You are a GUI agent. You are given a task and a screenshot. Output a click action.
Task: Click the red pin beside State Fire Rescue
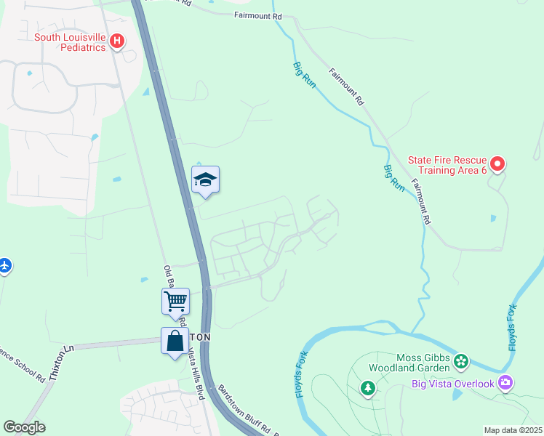pyautogui.click(x=497, y=165)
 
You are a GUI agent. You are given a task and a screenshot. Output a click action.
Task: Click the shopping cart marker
pyautogui.click(x=175, y=301)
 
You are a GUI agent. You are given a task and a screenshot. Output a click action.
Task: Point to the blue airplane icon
pyautogui.click(x=4, y=265)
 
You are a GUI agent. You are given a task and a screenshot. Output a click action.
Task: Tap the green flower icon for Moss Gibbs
pyautogui.click(x=460, y=361)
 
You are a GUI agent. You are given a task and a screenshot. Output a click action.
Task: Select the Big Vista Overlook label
pyautogui.click(x=452, y=384)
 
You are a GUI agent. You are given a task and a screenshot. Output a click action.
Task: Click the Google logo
pyautogui.click(x=24, y=427)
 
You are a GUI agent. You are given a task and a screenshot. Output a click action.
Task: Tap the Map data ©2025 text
pyautogui.click(x=513, y=430)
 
